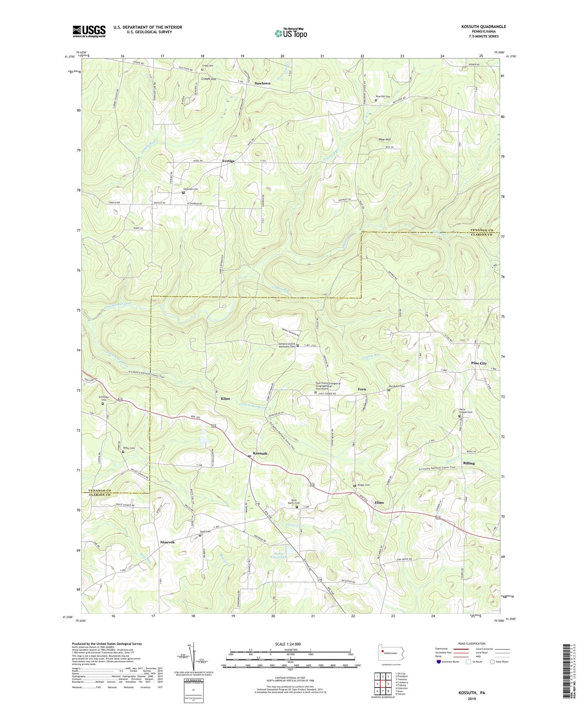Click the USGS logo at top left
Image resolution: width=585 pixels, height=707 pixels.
pos(89,31)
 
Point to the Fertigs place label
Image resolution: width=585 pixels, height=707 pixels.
pos(228,161)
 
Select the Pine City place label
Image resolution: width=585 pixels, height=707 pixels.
pos(479,363)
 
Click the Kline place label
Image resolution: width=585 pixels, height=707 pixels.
pos(225,399)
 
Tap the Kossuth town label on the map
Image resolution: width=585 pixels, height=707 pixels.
pos(260,454)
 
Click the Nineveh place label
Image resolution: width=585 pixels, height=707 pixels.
pos(167,542)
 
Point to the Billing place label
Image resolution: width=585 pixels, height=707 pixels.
pos(469,463)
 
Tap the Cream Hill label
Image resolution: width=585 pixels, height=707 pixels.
pos(209,79)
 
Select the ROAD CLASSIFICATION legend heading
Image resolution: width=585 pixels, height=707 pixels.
pos(472,643)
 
